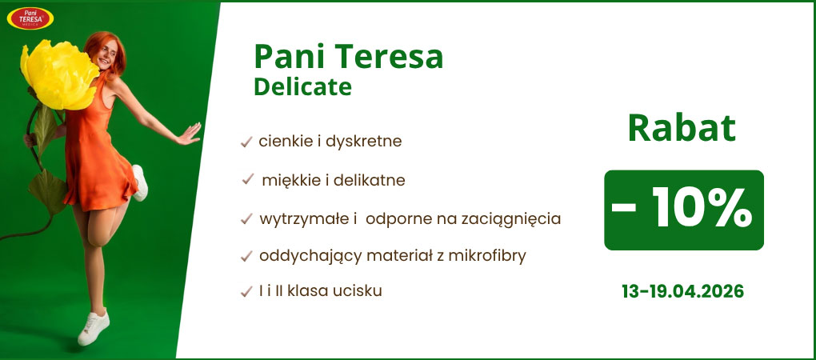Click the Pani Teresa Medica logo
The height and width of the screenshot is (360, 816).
point(30,18)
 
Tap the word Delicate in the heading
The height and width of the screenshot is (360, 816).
point(302,86)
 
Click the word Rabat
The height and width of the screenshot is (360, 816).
point(681,129)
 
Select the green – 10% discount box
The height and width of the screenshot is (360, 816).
point(683,210)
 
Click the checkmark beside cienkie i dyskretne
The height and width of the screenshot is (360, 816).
point(246,142)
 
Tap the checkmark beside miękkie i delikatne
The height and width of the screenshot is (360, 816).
point(248,181)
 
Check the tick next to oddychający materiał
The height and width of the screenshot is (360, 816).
point(246,257)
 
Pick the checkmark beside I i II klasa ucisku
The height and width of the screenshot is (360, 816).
point(246,292)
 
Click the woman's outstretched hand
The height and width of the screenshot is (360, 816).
point(189,134)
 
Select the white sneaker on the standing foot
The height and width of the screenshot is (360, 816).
point(94,327)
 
